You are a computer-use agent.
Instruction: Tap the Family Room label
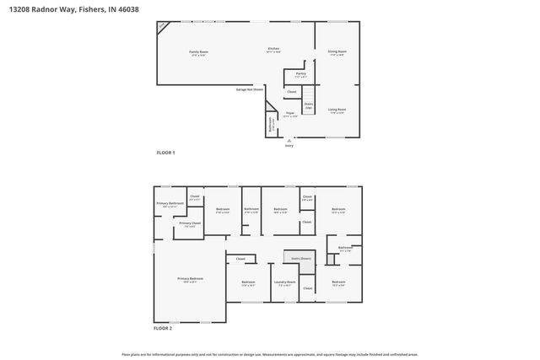(198, 53)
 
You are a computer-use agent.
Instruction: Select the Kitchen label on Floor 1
(273, 50)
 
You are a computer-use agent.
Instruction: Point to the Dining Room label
(337, 53)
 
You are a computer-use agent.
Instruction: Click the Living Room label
(337, 110)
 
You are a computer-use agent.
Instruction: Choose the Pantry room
(300, 75)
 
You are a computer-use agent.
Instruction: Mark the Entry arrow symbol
(290, 140)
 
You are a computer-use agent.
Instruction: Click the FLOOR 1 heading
(165, 153)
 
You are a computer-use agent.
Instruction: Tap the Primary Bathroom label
(170, 204)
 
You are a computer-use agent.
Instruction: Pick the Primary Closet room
(190, 224)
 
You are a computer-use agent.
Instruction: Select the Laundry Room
(284, 283)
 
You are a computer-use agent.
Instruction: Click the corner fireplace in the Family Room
(163, 27)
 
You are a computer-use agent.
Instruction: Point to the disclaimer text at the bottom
(270, 354)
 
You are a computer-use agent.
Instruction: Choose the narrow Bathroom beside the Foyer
(271, 124)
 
